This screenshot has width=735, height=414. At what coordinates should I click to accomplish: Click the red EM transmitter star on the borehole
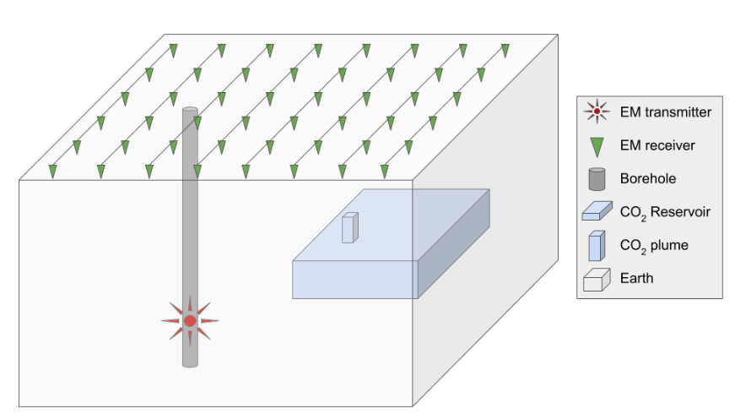pyautogui.click(x=190, y=321)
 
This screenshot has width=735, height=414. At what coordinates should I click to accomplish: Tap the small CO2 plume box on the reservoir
pyautogui.click(x=350, y=227)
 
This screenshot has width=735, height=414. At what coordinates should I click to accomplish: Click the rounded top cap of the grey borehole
pyautogui.click(x=190, y=110)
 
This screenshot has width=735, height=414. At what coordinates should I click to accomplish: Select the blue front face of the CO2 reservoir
pyautogui.click(x=355, y=280)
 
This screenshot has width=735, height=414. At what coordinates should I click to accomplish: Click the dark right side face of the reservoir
pyautogui.click(x=454, y=243)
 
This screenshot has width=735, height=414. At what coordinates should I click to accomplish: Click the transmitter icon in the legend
pyautogui.click(x=597, y=112)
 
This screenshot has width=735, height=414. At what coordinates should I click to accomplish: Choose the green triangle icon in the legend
pyautogui.click(x=597, y=147)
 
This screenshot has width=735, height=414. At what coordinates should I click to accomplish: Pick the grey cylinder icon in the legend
pyautogui.click(x=597, y=179)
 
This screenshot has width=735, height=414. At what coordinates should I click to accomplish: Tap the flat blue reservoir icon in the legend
pyautogui.click(x=597, y=210)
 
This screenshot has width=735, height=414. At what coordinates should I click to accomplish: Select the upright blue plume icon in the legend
pyautogui.click(x=597, y=246)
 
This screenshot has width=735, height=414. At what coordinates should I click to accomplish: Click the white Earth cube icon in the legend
pyautogui.click(x=597, y=280)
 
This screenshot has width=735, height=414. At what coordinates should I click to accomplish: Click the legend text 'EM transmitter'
pyautogui.click(x=666, y=112)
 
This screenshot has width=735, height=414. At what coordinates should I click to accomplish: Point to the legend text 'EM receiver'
pyautogui.click(x=657, y=145)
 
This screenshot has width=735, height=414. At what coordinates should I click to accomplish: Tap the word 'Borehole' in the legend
pyautogui.click(x=648, y=179)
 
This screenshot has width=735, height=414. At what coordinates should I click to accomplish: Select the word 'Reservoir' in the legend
pyautogui.click(x=681, y=212)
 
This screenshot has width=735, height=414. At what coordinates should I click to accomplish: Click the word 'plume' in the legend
pyautogui.click(x=669, y=246)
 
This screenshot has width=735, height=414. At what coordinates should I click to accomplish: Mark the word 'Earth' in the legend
pyautogui.click(x=636, y=278)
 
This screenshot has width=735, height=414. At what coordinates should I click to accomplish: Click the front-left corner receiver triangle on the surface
pyautogui.click(x=53, y=172)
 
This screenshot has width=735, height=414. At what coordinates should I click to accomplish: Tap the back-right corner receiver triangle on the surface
pyautogui.click(x=505, y=51)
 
